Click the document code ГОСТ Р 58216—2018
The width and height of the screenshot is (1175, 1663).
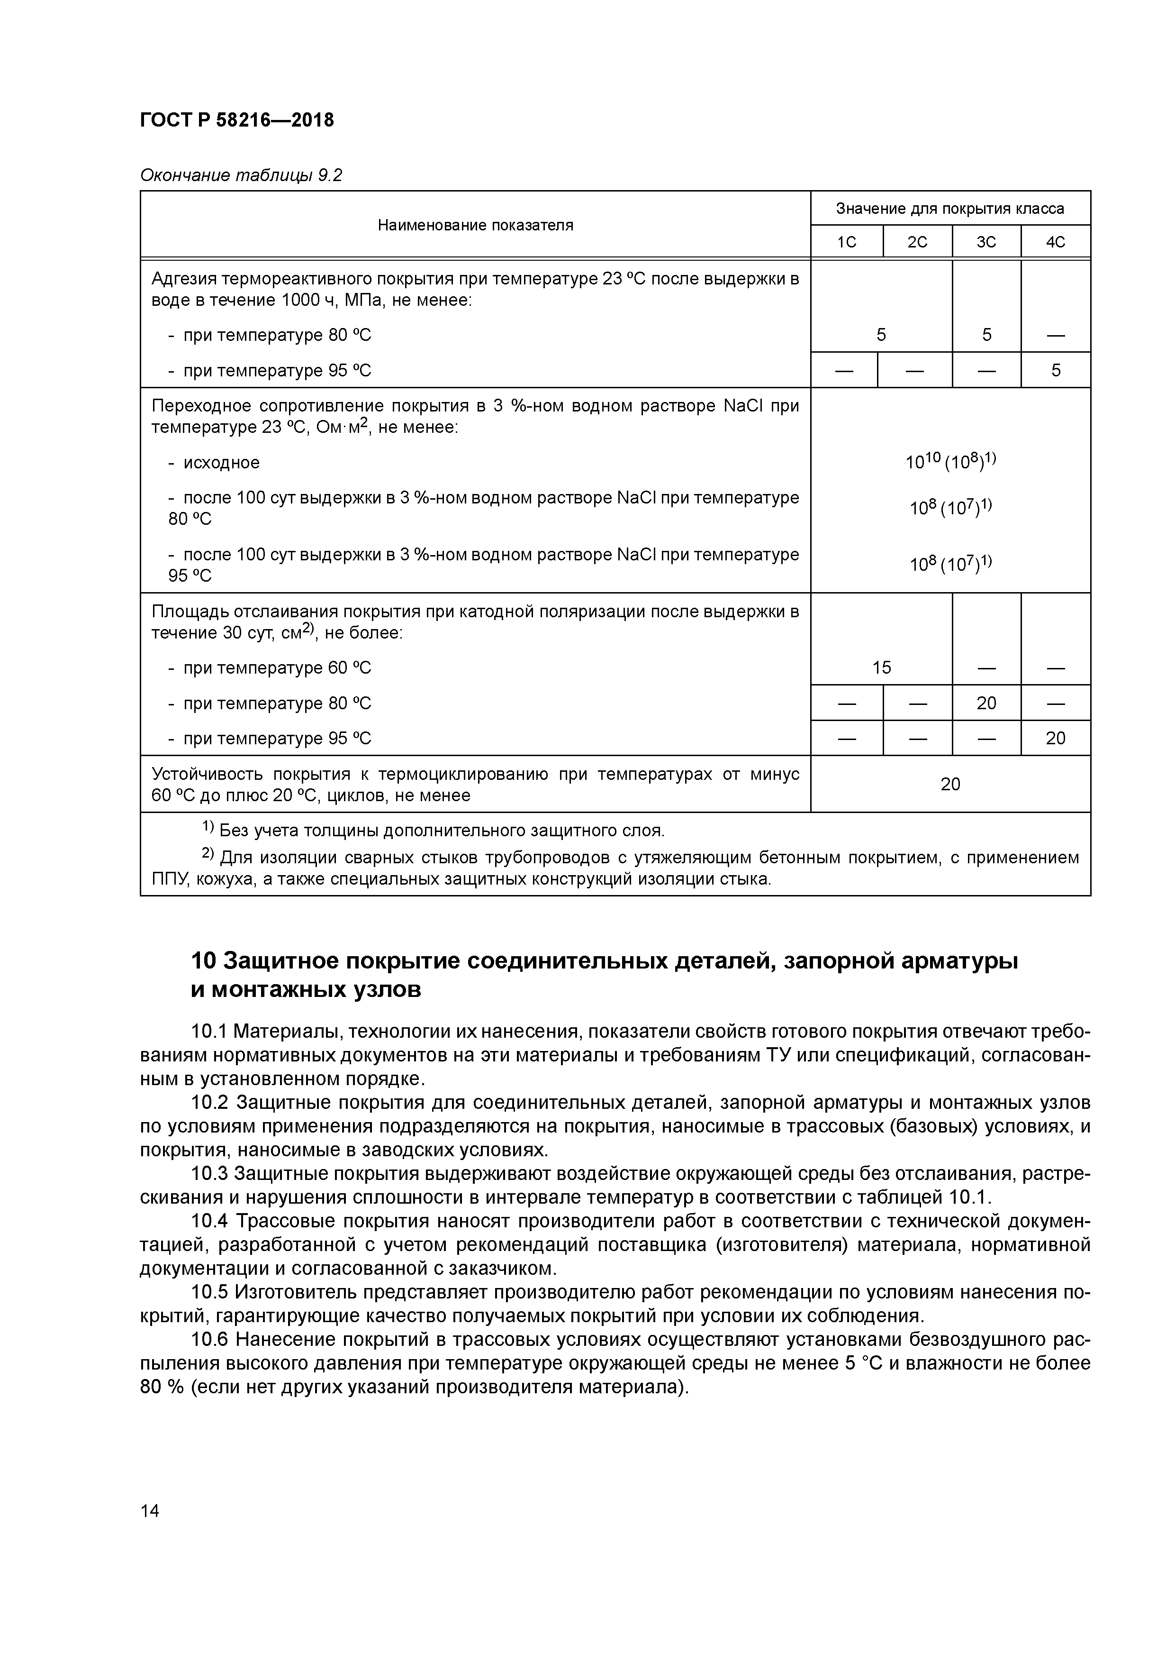[x=237, y=120]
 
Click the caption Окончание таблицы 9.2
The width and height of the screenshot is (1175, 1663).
[x=240, y=175]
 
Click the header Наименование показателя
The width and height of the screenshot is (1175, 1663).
[x=475, y=225]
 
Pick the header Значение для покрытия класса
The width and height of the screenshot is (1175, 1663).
[x=950, y=209]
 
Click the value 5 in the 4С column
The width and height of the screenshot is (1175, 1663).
[x=1056, y=371]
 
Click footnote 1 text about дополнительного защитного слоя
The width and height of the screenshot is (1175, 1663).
[x=442, y=830]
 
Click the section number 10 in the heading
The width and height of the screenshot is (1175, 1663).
[x=203, y=961]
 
